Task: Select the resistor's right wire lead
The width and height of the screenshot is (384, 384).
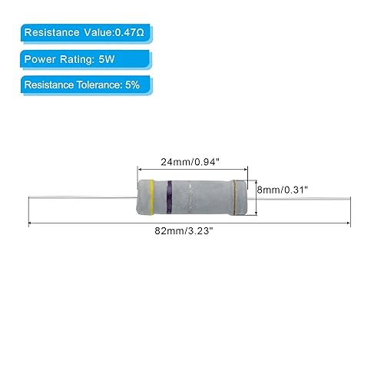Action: tap(300, 199)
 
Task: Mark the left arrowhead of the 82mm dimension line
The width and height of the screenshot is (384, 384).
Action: tap(31, 223)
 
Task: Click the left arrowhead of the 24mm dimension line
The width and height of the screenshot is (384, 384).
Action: tap(140, 170)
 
